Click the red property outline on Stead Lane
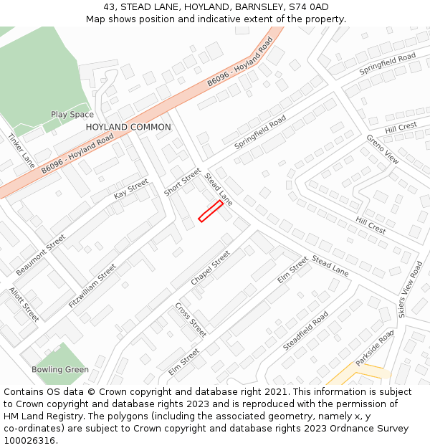211,211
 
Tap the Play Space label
72,115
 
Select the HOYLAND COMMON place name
128,127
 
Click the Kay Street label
130,189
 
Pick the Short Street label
183,182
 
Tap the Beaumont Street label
41,254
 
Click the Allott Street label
24,304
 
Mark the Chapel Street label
211,267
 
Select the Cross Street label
191,320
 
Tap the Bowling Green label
60,370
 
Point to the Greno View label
382,149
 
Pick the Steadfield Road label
306,330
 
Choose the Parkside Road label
376,348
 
